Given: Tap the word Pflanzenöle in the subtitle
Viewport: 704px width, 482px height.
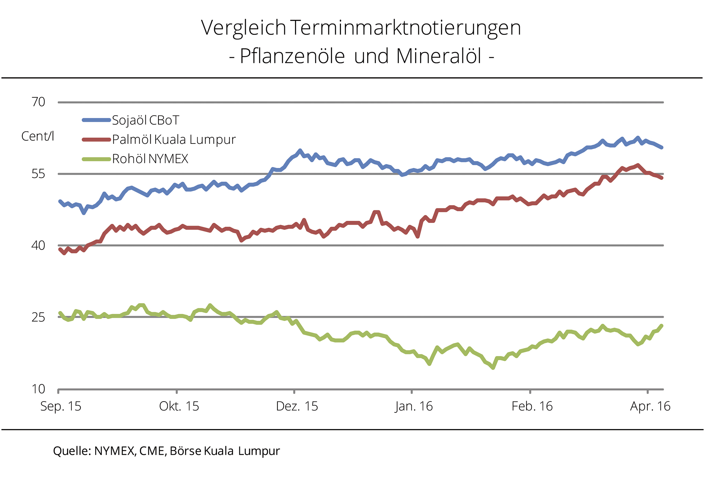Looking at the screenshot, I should pos(292,56).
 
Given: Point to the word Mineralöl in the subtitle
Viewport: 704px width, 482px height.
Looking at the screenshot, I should pos(439,56).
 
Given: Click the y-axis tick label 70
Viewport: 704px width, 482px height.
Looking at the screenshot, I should pos(38,102).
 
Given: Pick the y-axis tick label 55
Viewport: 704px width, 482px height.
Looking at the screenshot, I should pos(38,174).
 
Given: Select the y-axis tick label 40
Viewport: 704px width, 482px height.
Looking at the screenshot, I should pos(38,246).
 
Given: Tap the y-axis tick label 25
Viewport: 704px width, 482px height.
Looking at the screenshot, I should pos(38,317).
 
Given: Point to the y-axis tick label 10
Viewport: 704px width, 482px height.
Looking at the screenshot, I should pos(38,389).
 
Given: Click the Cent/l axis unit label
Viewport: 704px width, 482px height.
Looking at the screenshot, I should pos(38,137).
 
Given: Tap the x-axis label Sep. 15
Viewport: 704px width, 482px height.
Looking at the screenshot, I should pos(61,407).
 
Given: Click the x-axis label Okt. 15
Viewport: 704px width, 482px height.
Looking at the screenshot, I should pos(179,407).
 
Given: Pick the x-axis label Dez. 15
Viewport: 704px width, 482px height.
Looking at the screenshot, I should pos(297,407).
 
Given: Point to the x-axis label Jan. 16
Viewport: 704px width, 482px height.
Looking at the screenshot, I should pos(414,407).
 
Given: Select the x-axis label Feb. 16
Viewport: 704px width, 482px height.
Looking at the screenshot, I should pos(532,407).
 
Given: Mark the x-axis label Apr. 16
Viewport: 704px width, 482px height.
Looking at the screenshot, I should pos(650,407).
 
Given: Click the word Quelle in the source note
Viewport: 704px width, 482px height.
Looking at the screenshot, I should pos(71,451).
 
